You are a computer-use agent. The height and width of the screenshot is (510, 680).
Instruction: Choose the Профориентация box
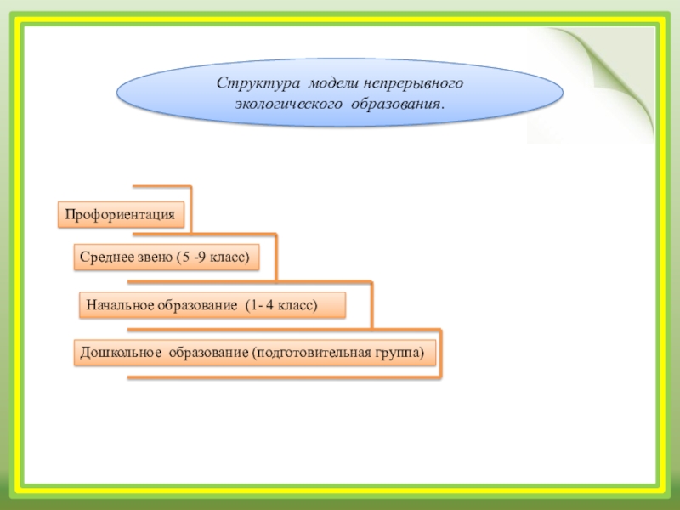click(121, 215)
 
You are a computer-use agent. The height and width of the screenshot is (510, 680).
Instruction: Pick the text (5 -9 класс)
click(215, 257)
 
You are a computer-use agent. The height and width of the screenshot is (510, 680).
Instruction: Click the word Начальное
click(118, 304)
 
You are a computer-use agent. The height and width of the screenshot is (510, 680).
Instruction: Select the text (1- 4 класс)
click(280, 304)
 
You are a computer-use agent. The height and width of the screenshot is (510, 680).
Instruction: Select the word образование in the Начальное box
click(197, 304)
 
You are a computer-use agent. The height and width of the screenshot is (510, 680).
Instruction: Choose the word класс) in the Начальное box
click(297, 304)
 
